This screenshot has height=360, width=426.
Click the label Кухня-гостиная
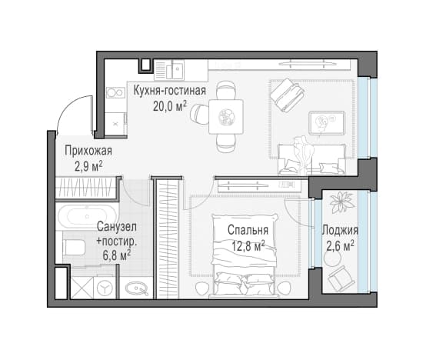tap(169, 91)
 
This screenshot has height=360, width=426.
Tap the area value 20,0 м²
tap(169, 106)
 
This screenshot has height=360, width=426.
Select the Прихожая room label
tap(88, 151)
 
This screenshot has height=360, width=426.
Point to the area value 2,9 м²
tap(88, 166)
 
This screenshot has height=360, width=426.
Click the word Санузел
tap(117, 227)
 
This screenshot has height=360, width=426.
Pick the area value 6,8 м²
tap(117, 255)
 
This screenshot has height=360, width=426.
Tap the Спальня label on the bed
tap(248, 230)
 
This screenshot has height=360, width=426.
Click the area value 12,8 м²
tap(248, 246)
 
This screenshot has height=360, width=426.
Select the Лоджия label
tap(340, 231)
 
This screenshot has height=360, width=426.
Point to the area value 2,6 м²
tap(340, 246)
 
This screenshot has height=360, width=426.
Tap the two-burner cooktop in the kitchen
tap(115, 93)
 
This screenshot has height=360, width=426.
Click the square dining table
tap(226, 117)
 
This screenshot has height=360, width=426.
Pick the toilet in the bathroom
tap(74, 247)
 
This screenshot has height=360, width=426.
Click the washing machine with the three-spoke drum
tap(105, 288)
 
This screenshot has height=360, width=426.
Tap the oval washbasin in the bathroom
tap(138, 288)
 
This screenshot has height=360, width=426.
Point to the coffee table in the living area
tap(327, 123)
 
